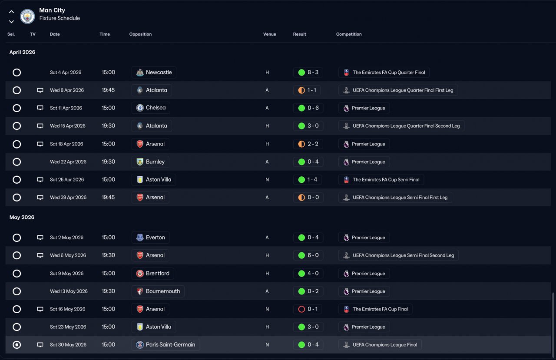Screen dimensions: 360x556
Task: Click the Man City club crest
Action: tap(27, 17)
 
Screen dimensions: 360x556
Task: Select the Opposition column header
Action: tap(140, 34)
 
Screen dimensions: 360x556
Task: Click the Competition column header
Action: tap(349, 34)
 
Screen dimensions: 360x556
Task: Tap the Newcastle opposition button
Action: tap(154, 73)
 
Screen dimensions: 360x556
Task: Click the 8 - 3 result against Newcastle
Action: tap(308, 73)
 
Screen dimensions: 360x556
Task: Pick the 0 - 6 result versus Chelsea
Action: tap(308, 108)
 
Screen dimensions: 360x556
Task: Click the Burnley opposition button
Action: tap(150, 162)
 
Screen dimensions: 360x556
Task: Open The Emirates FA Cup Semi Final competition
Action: tap(381, 180)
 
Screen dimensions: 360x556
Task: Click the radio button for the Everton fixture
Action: tap(17, 238)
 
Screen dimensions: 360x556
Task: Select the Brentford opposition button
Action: tap(153, 274)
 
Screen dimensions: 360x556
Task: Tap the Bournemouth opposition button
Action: tap(158, 291)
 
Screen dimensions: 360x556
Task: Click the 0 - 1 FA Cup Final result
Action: tap(308, 309)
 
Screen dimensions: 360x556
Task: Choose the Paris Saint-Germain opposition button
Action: tap(165, 345)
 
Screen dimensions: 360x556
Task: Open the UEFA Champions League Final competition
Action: tap(380, 345)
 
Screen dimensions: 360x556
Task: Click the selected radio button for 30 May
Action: tap(17, 345)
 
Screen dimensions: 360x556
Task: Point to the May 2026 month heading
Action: tap(22, 217)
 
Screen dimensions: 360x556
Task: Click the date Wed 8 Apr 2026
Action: tap(67, 90)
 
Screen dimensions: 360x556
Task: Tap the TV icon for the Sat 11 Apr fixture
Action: tap(40, 108)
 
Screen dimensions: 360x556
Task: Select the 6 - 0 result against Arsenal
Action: tap(308, 255)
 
